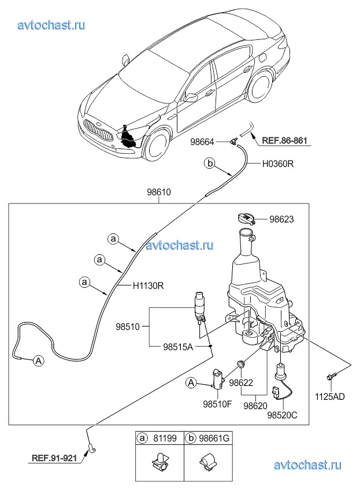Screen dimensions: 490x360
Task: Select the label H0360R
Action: (x=279, y=164)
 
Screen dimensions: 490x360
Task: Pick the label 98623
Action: (x=281, y=220)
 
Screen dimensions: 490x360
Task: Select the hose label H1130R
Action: (x=149, y=285)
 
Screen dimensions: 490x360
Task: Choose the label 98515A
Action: (x=177, y=346)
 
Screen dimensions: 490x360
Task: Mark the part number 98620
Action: (x=254, y=407)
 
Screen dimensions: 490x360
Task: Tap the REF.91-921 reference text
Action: (x=53, y=459)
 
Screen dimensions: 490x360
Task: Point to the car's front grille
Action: (x=96, y=129)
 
